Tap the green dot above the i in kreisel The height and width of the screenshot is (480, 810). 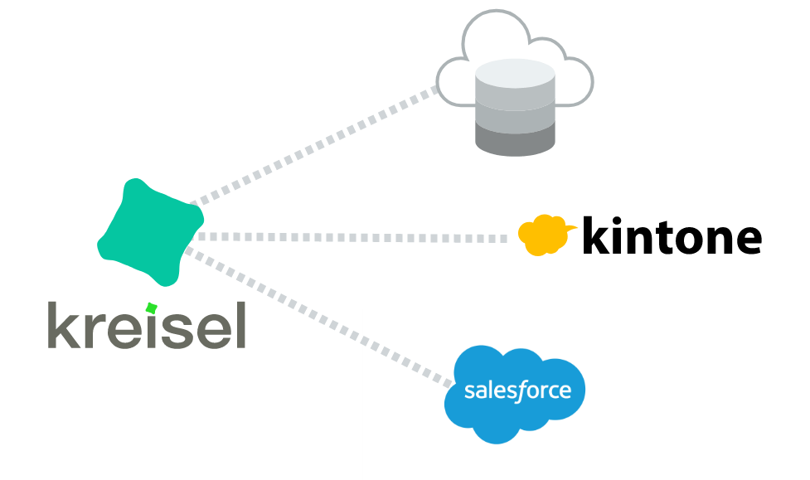click(x=151, y=308)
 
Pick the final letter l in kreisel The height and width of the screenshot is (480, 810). click(x=242, y=325)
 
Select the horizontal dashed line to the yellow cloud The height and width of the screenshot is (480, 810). click(x=348, y=238)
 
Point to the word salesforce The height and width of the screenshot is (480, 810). click(x=517, y=390)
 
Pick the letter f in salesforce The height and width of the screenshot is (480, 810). click(x=521, y=390)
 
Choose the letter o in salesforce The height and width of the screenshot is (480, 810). click(x=532, y=391)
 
